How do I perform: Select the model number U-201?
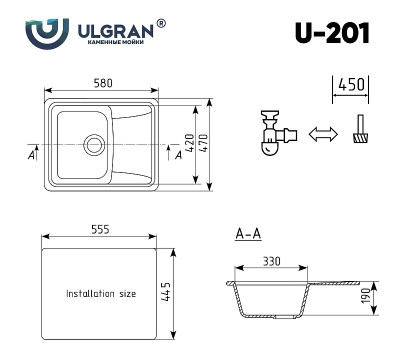coord(332,33)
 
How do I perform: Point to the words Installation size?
coord(100,295)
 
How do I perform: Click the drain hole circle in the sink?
coord(95,142)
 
